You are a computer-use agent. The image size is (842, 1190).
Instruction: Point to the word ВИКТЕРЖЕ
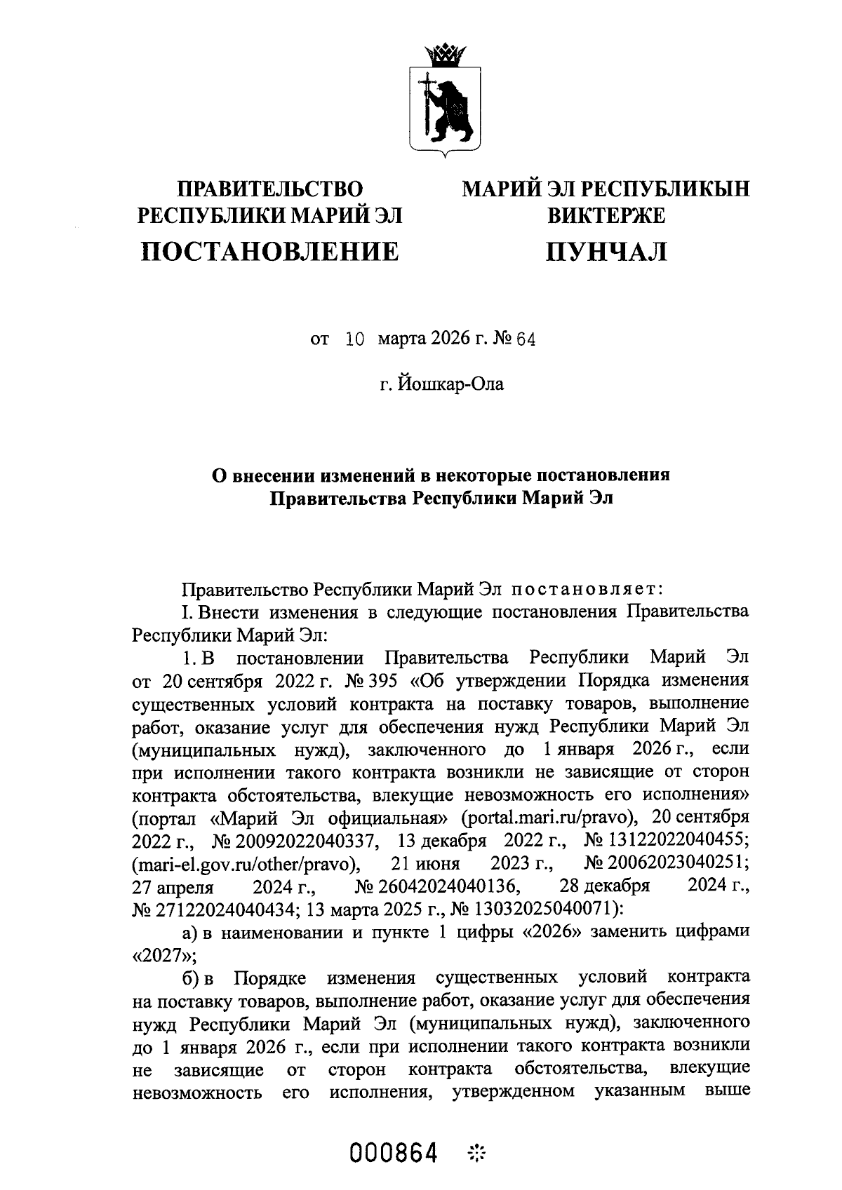click(606, 215)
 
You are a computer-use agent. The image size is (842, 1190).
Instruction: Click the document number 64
click(526, 340)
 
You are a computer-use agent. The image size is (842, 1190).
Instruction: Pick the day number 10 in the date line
click(356, 340)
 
